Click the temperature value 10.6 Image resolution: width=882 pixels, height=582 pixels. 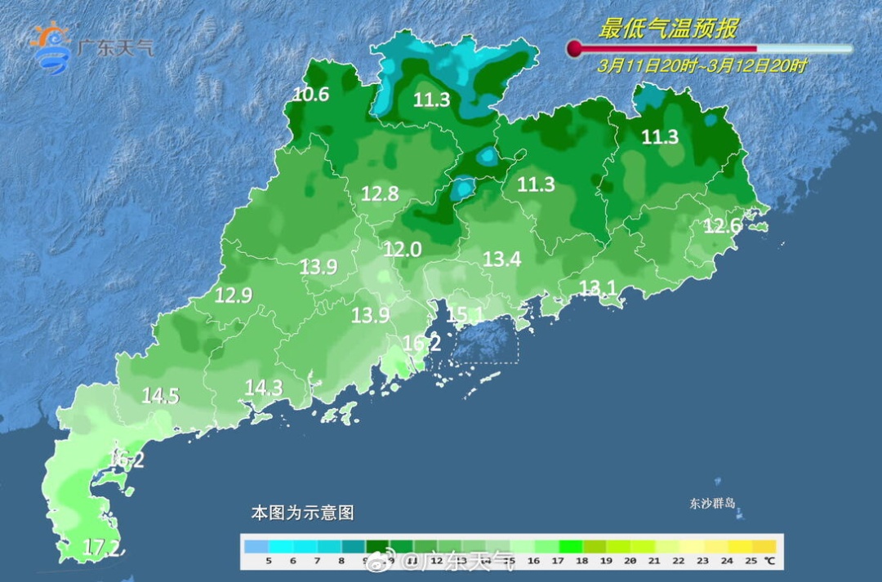pyautogui.click(x=310, y=95)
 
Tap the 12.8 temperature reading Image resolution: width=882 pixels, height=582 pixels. pyautogui.click(x=380, y=193)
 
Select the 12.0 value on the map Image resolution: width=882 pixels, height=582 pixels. pyautogui.click(x=403, y=250)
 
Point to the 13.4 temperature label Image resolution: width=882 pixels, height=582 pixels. pyautogui.click(x=501, y=260)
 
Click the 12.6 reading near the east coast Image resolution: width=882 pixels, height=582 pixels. pyautogui.click(x=722, y=226)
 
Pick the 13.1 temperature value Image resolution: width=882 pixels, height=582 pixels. pyautogui.click(x=597, y=287)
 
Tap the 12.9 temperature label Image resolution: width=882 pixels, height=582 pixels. pyautogui.click(x=233, y=295)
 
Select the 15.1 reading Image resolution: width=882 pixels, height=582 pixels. pyautogui.click(x=465, y=314)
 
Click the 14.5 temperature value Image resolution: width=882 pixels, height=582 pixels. pyautogui.click(x=160, y=396)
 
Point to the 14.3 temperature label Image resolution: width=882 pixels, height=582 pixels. pyautogui.click(x=264, y=388)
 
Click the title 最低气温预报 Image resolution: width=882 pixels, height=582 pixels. pyautogui.click(x=667, y=29)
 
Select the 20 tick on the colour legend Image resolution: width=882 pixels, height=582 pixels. pyautogui.click(x=629, y=561)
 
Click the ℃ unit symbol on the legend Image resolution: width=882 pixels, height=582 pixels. pyautogui.click(x=769, y=561)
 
